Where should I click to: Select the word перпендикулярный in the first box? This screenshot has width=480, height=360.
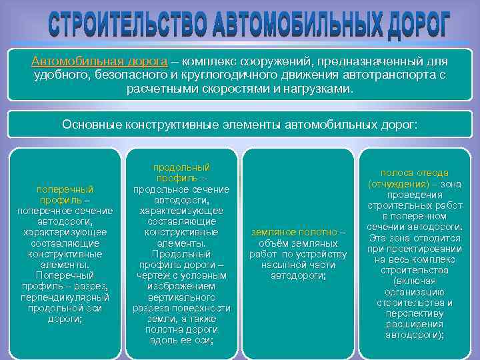pos(65,297)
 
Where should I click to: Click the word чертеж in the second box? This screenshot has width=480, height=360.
pos(155,275)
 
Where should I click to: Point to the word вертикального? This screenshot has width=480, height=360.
pos(181,297)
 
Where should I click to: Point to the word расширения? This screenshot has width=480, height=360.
pos(414,324)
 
